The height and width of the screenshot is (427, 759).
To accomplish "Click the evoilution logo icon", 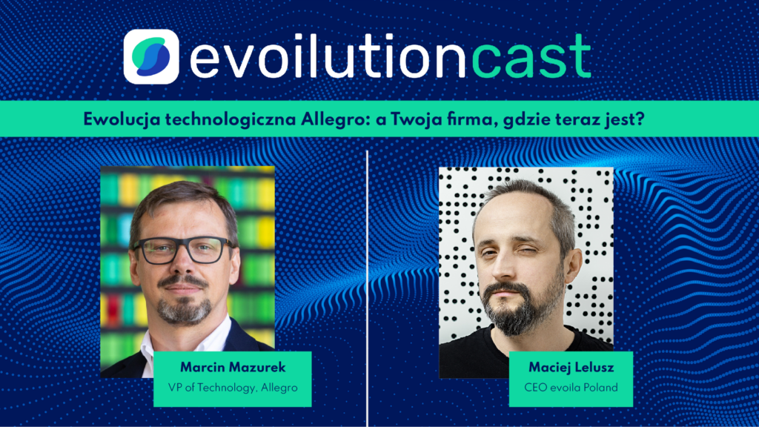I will click(x=151, y=57).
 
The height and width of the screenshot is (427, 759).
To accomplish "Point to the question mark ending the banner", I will click(x=639, y=119).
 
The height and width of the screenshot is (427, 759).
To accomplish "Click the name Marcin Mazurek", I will click(x=232, y=368).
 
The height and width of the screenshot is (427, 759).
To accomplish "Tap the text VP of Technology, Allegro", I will click(x=232, y=386).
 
